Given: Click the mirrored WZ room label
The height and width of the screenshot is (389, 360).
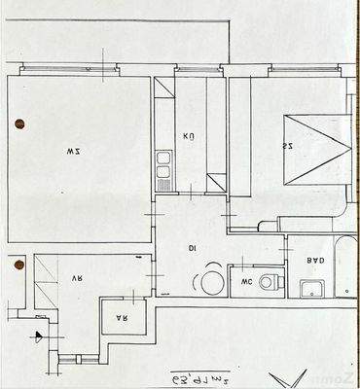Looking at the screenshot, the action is click(72, 151).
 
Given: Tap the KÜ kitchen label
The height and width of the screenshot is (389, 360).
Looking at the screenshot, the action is click(190, 137).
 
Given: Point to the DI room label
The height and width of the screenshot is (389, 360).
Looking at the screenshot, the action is click(193, 249).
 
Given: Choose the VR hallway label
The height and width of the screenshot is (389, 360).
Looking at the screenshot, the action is click(76, 274).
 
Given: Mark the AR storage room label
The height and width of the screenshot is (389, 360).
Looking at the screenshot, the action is click(123, 318).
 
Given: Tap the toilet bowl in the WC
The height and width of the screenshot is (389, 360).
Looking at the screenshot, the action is click(270, 283).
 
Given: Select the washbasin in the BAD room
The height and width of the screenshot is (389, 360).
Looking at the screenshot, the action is click(311, 288).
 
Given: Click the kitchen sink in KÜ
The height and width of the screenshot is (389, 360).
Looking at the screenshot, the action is click(163, 176).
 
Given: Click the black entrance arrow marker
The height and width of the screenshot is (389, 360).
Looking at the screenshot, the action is click(38, 336).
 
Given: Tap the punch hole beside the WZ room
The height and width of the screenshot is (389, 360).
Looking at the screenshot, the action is click(19, 124).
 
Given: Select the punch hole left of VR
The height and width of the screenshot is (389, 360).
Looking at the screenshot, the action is click(17, 263).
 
